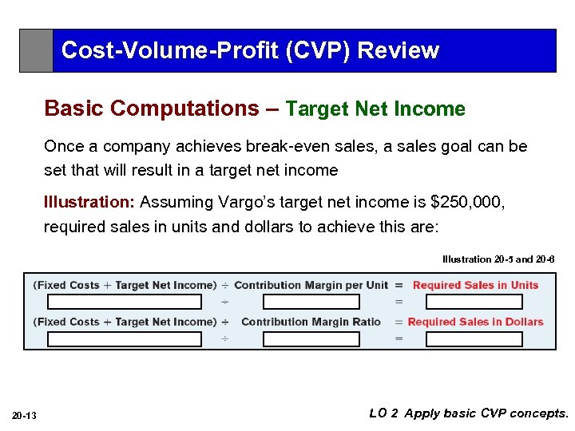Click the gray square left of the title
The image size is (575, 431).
(36, 51)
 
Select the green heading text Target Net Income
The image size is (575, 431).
(375, 109)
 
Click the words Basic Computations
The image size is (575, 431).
(152, 109)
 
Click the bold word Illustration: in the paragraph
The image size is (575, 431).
(89, 202)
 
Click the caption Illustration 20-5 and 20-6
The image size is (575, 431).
(498, 259)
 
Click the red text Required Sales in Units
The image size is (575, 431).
(475, 285)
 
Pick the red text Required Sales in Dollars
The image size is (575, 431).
(475, 322)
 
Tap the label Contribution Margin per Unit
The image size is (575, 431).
(311, 285)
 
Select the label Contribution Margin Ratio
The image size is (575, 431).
(311, 322)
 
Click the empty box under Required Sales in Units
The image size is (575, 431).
(474, 302)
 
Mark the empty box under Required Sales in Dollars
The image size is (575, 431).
(474, 339)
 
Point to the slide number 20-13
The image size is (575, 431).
(26, 414)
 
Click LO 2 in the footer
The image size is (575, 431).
(384, 413)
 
